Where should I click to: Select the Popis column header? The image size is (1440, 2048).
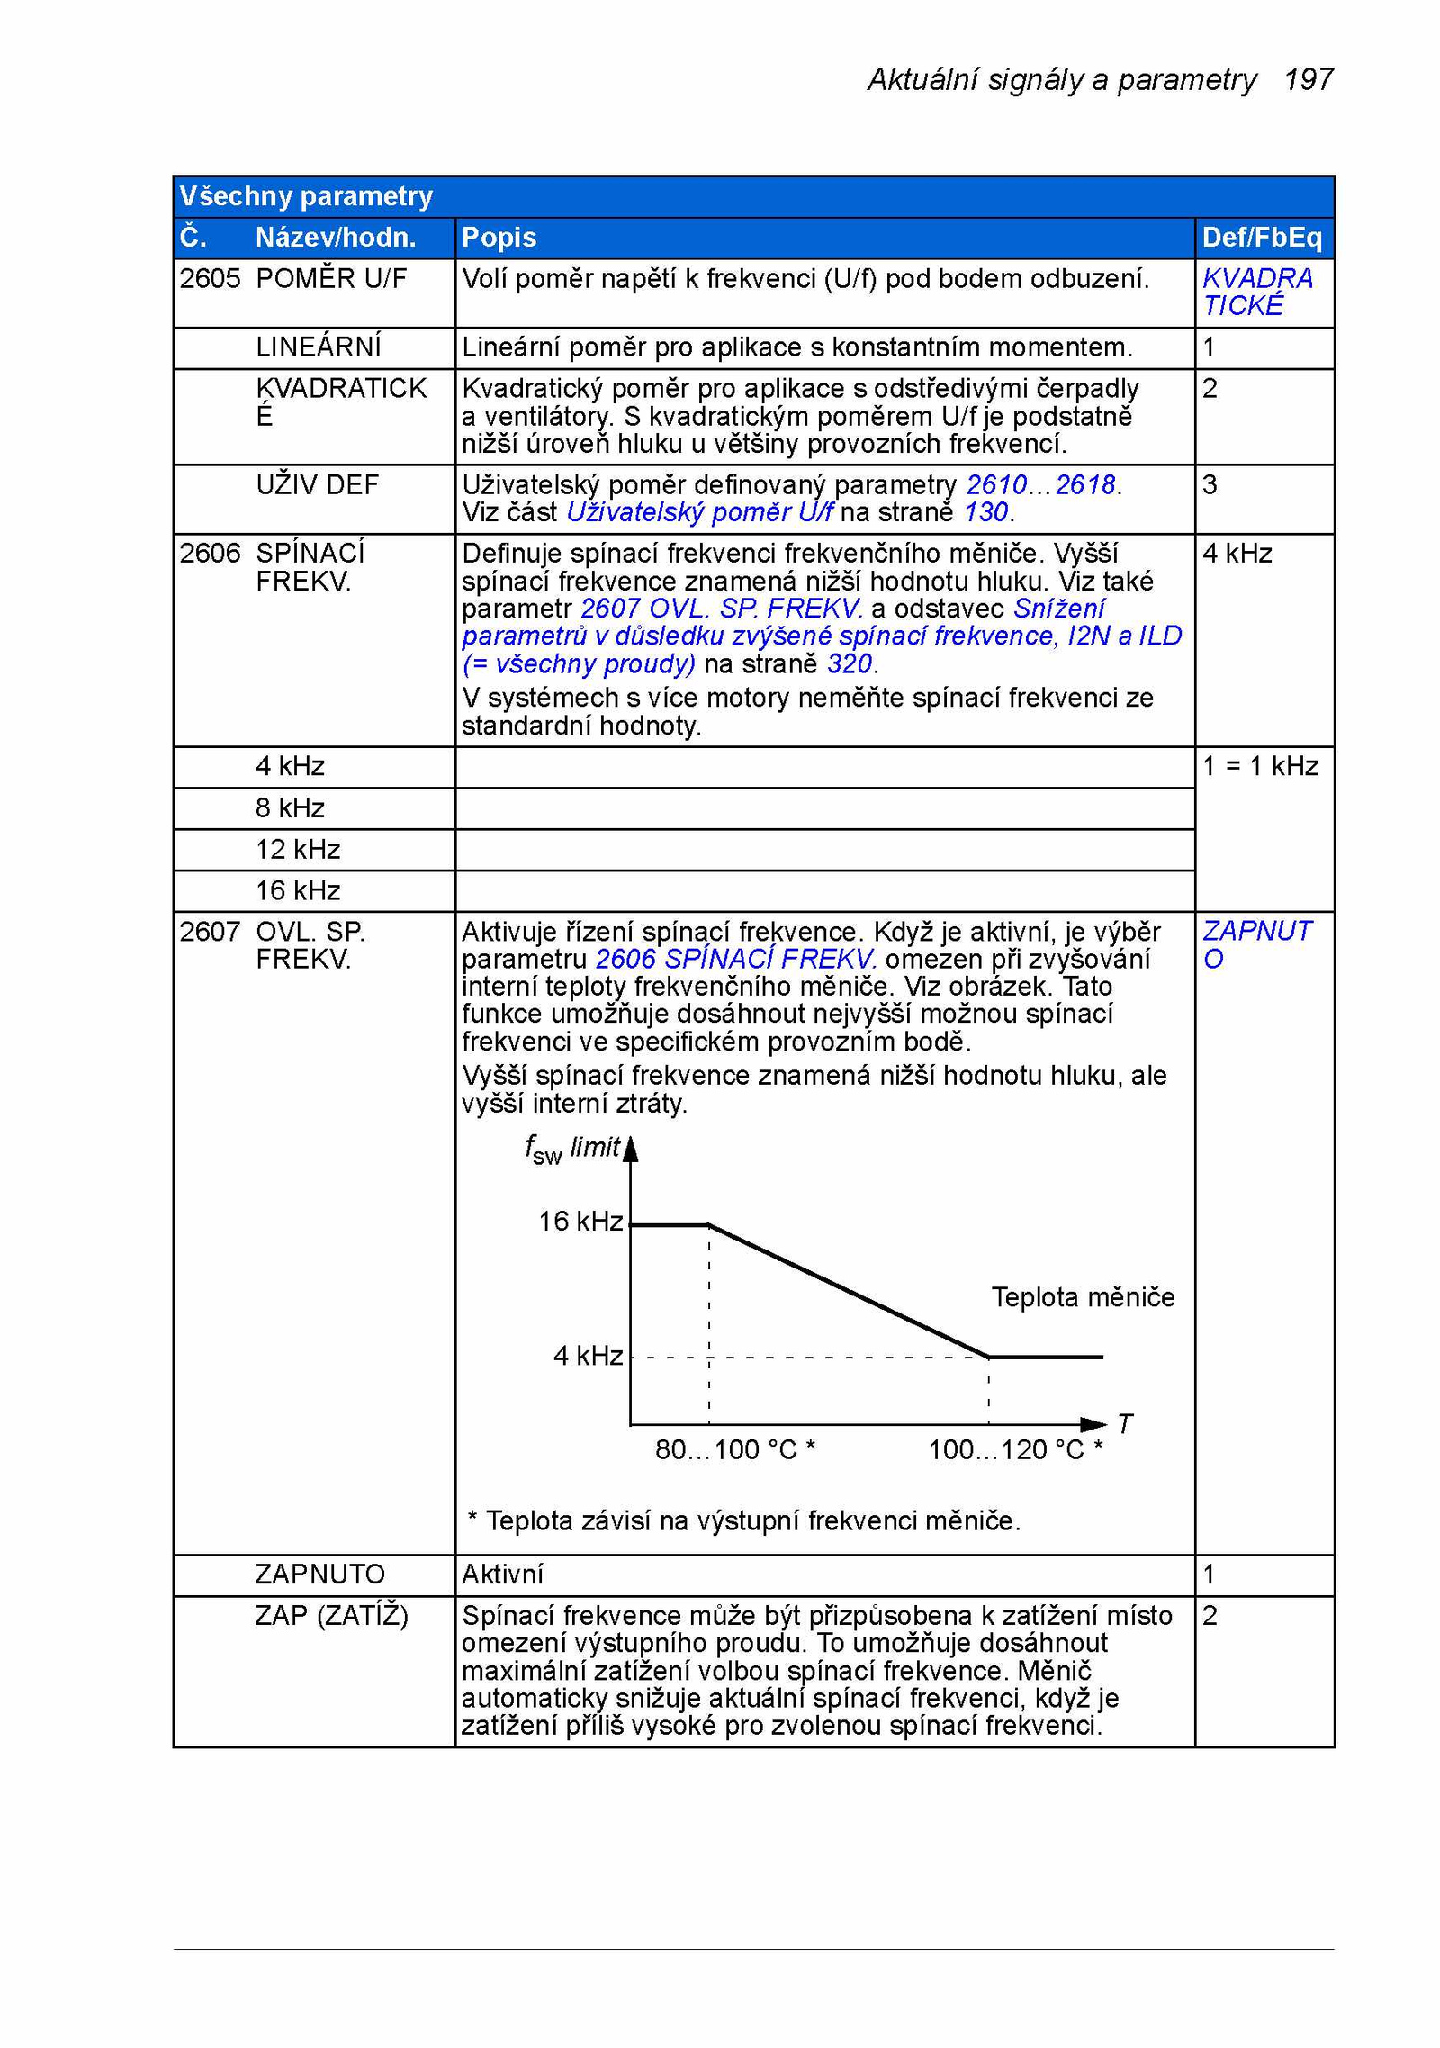tap(499, 238)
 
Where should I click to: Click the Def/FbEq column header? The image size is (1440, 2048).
tap(1262, 238)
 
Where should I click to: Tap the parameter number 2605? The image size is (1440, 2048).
tap(210, 279)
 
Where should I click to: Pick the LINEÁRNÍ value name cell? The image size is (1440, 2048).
tap(318, 347)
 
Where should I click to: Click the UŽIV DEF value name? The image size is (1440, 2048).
tap(317, 485)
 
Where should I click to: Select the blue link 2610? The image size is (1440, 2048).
tap(996, 485)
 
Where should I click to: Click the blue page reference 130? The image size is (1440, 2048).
tap(985, 512)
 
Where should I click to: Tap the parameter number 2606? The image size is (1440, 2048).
tap(210, 554)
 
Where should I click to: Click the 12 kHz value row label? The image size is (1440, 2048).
tap(298, 850)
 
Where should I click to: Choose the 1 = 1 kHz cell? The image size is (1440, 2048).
tap(1260, 766)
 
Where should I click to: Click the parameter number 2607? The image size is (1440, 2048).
tap(210, 932)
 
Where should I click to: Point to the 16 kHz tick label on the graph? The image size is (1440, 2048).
tap(580, 1222)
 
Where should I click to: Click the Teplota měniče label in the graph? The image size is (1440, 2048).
tap(1083, 1297)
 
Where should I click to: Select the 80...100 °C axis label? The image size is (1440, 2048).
tap(734, 1449)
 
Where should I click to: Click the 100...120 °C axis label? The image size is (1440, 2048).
tap(1014, 1449)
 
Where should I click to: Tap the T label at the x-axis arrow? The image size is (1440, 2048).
tap(1125, 1424)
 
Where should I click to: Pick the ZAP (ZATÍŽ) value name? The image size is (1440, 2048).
tap(331, 1616)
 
